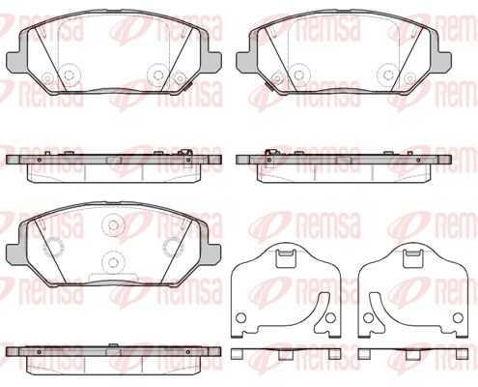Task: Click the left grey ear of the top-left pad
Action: (x=16, y=60)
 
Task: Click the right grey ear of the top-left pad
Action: (x=211, y=60)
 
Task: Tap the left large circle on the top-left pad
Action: (x=69, y=74)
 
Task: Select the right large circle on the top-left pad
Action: (x=157, y=74)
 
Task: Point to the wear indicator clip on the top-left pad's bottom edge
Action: (x=187, y=86)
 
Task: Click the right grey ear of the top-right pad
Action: (x=441, y=60)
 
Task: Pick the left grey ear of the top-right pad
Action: (x=246, y=60)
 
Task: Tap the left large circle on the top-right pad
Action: (x=298, y=74)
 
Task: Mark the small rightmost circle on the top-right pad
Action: (x=409, y=78)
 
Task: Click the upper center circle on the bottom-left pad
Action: (x=113, y=224)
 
